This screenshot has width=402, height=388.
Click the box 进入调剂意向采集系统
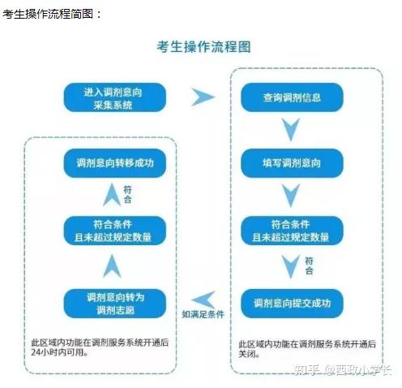click(115, 97)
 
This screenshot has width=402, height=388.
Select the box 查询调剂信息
click(292, 97)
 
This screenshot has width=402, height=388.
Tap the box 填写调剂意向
click(292, 163)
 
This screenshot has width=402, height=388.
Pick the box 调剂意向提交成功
click(292, 303)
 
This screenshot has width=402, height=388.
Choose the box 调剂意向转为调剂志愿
click(115, 304)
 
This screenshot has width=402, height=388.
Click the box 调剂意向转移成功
click(115, 163)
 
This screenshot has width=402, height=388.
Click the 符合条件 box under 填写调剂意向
click(292, 231)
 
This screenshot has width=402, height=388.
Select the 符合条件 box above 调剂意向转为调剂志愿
click(115, 231)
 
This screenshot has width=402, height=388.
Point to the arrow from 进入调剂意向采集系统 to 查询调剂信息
click(203, 97)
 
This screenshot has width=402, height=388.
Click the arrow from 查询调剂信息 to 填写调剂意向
click(291, 129)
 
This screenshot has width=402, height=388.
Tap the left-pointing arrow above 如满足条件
click(203, 300)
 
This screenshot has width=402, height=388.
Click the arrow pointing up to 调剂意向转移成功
click(112, 195)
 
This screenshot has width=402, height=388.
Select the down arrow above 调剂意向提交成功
click(291, 266)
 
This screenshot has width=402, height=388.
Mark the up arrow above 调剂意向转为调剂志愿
click(112, 266)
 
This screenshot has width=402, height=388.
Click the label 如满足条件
click(203, 314)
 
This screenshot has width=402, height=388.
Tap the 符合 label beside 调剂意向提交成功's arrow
click(309, 265)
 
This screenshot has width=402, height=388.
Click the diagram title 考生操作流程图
click(204, 47)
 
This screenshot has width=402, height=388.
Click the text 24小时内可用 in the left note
click(58, 352)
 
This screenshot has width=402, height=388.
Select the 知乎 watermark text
click(307, 369)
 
